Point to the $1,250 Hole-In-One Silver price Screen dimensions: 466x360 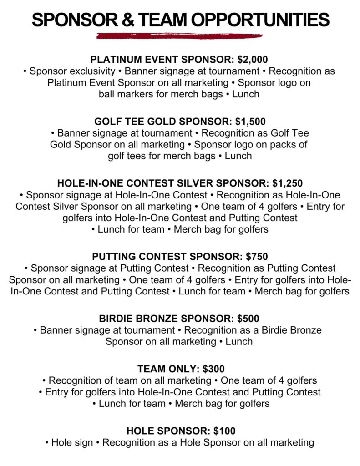tap(287, 183)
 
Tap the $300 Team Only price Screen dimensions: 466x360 tap(214, 369)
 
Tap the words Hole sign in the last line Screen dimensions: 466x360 tap(73, 442)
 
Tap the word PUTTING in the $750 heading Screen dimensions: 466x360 tap(115, 257)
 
